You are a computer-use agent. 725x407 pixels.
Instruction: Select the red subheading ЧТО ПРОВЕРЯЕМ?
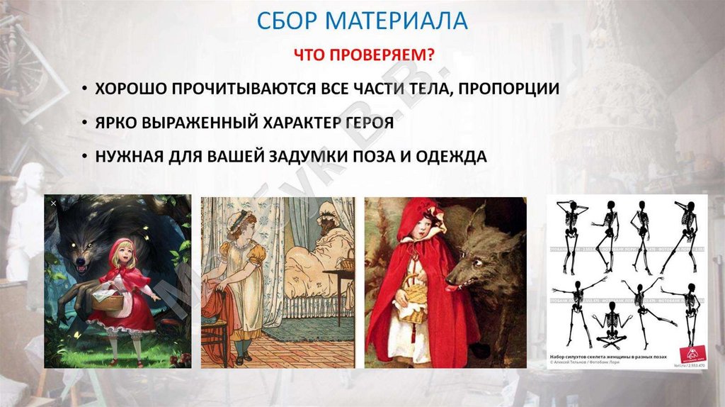[363, 55]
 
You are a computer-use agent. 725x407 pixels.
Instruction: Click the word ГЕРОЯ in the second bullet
[369, 123]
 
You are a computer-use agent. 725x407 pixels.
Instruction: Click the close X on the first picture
[53, 203]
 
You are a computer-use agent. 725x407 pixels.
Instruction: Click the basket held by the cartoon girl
[105, 298]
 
